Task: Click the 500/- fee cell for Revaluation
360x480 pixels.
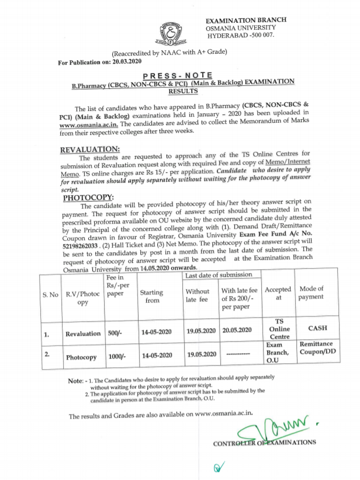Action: point(117,333)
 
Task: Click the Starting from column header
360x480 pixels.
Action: point(151,296)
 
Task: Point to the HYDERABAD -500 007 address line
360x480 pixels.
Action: point(240,36)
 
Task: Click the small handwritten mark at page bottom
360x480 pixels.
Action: point(219,467)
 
